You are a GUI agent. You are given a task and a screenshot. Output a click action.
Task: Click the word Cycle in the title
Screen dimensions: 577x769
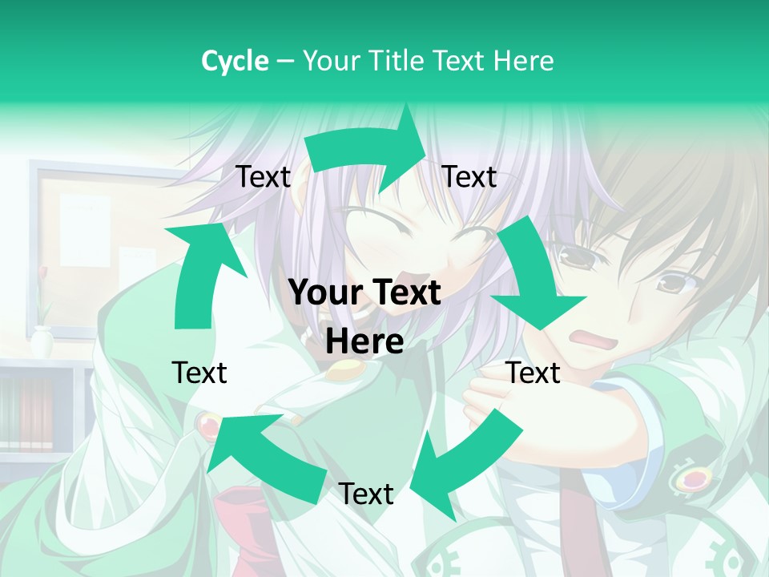[235, 61]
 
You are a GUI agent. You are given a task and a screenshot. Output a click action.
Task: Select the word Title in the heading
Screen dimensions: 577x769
[398, 61]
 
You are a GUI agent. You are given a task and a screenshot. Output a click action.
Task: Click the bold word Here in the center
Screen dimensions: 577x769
[364, 342]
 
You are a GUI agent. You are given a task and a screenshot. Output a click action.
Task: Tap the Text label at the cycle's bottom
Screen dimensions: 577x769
[366, 494]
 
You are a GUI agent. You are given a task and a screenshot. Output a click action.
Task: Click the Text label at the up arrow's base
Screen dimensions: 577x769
[199, 373]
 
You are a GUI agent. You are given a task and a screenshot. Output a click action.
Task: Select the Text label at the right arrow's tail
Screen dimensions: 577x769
[263, 177]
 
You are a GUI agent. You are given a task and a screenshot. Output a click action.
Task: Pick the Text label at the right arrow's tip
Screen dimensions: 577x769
[469, 177]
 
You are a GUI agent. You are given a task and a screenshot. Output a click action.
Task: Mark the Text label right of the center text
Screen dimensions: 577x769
[533, 373]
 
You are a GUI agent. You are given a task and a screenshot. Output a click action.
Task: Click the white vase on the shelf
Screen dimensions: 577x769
[42, 343]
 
